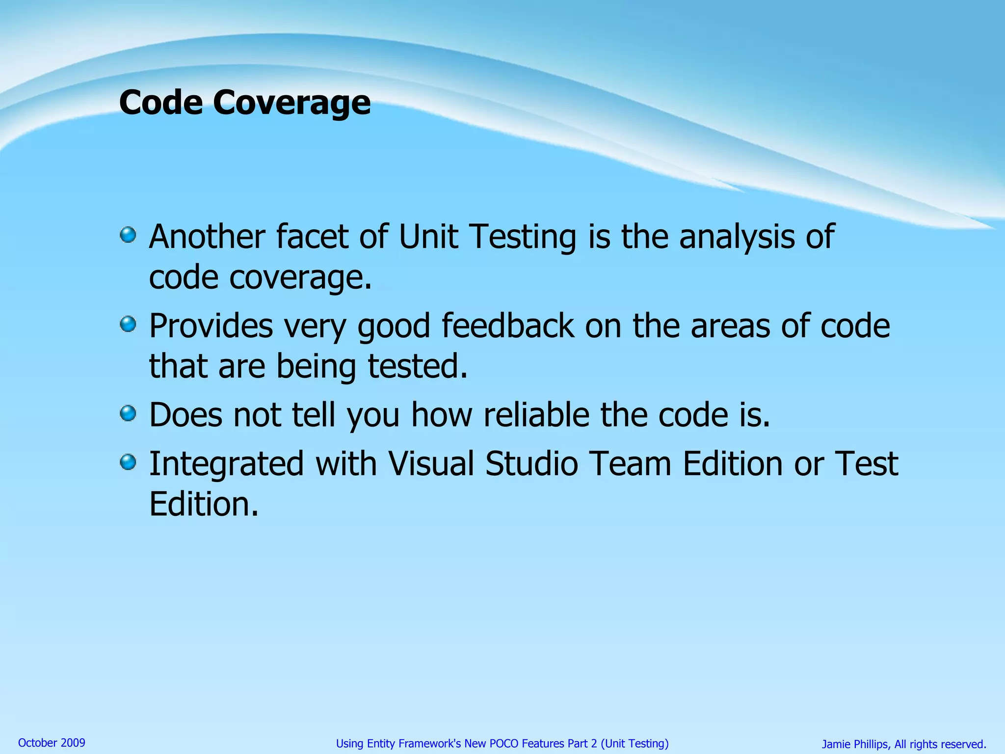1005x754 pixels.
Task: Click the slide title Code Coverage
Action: click(x=244, y=103)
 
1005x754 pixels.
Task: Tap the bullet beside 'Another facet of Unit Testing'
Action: click(x=128, y=235)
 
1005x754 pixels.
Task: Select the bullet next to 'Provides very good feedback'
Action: click(x=128, y=324)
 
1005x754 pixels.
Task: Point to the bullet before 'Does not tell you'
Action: click(x=128, y=413)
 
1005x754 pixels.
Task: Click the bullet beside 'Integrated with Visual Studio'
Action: click(x=128, y=462)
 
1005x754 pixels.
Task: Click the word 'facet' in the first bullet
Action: click(x=312, y=237)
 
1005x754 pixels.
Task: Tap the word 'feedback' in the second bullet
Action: click(x=507, y=326)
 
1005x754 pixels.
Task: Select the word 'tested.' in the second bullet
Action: click(x=418, y=366)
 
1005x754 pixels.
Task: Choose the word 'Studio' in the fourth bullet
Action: click(x=531, y=463)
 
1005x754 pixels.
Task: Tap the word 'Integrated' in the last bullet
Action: click(x=226, y=464)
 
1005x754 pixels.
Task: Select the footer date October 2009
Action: click(x=52, y=743)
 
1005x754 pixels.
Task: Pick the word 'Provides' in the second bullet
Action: click(x=211, y=326)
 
